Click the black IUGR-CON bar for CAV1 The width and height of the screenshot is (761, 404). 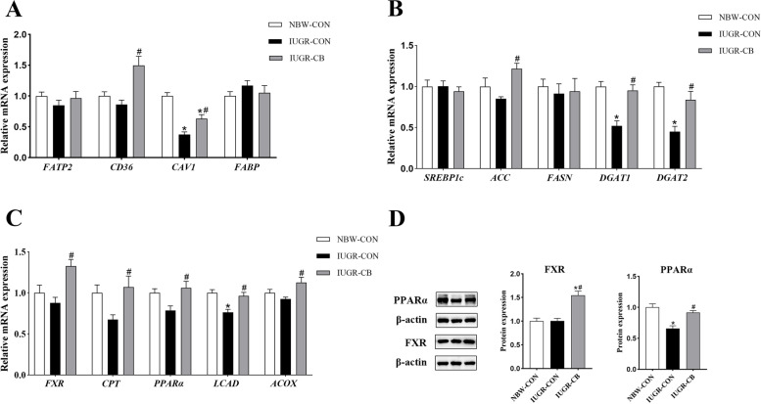183,151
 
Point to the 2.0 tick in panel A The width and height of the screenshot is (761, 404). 24,34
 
